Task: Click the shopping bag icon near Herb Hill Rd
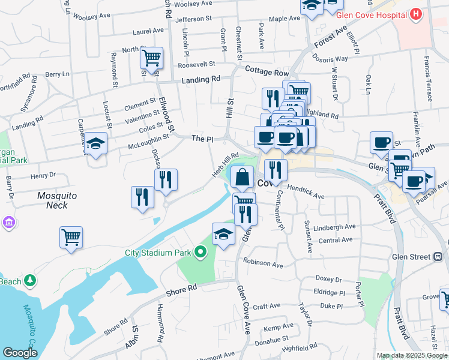click(x=241, y=177)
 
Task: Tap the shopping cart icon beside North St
click(x=151, y=58)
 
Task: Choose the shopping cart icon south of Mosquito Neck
click(x=71, y=237)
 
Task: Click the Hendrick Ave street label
click(x=306, y=196)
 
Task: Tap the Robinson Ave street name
click(x=263, y=264)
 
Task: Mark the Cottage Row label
click(x=267, y=71)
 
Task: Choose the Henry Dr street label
click(x=43, y=175)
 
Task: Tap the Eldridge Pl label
click(x=330, y=293)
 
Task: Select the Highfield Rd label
click(x=300, y=348)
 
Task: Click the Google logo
click(x=20, y=353)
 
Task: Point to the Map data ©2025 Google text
click(x=412, y=355)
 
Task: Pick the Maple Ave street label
click(x=285, y=19)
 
